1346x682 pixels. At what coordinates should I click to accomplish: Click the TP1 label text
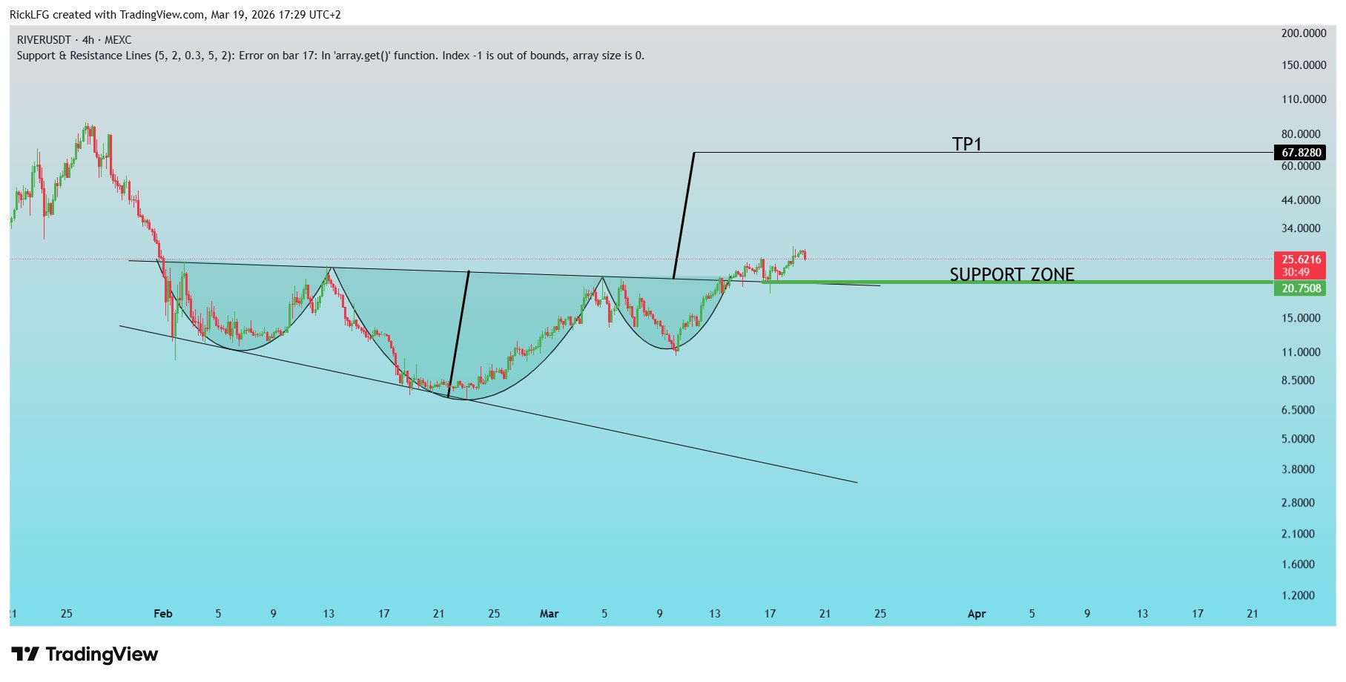966,144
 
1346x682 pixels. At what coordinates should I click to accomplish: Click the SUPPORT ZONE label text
1012,274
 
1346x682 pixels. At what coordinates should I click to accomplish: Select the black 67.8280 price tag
1301,153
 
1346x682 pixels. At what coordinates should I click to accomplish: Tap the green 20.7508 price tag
1301,288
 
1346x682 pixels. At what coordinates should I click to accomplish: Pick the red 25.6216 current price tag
1301,259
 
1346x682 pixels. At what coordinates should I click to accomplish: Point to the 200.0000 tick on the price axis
1303,33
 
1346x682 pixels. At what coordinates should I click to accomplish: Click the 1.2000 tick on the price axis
1298,595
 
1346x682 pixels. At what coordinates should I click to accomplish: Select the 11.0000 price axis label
1301,352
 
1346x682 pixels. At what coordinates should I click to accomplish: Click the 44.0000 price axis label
1301,200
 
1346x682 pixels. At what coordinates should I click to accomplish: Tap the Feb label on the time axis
162,614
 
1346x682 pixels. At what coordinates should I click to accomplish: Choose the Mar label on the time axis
549,614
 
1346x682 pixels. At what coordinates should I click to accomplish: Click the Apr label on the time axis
977,614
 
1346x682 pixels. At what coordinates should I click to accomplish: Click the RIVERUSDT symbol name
44,40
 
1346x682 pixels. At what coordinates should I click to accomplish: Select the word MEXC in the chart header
118,40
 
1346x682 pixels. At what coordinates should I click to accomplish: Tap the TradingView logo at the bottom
85,654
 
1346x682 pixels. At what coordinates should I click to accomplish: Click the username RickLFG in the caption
29,15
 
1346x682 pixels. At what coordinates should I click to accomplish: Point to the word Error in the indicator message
252,56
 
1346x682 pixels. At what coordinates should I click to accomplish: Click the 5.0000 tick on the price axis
1298,439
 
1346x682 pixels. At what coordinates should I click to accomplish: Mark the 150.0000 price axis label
1303,65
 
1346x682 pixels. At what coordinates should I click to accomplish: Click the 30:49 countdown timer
1296,272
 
